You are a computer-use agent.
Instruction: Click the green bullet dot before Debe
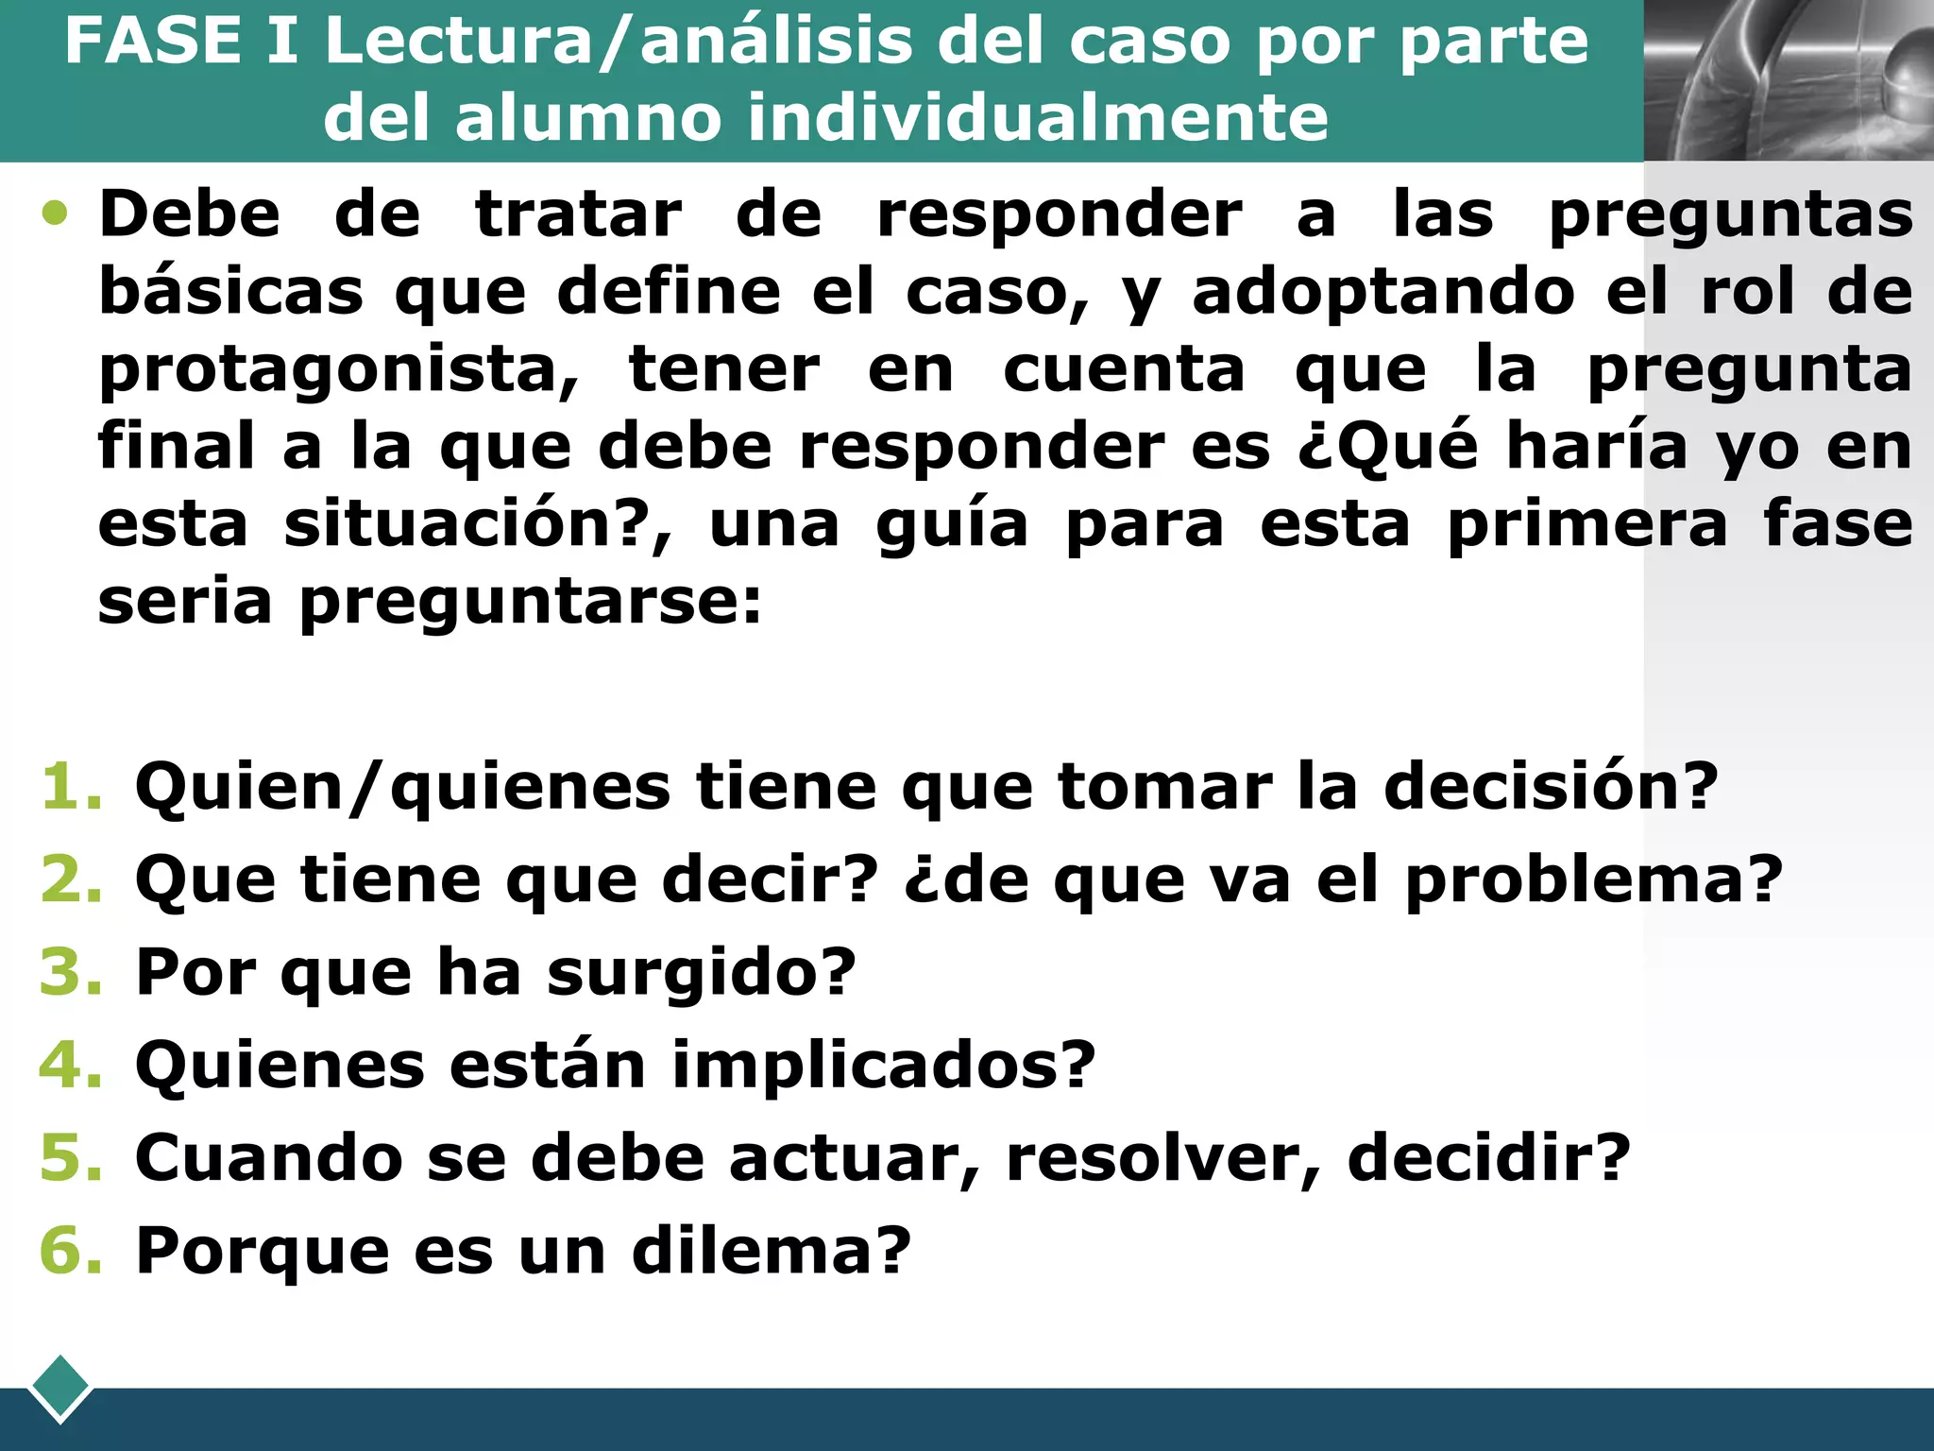56,213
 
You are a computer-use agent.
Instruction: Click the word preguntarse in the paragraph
529,602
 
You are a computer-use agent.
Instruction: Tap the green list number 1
70,787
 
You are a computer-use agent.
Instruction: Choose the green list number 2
70,879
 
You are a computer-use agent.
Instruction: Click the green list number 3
70,972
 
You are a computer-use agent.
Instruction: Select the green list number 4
70,1065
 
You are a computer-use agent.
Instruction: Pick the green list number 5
70,1157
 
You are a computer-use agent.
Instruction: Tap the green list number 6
70,1250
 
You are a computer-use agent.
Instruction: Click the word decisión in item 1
1550,787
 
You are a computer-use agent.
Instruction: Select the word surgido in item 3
700,974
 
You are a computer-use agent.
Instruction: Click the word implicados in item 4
883,1067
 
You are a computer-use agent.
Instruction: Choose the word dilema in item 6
770,1251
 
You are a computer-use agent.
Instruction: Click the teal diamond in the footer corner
60,1388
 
